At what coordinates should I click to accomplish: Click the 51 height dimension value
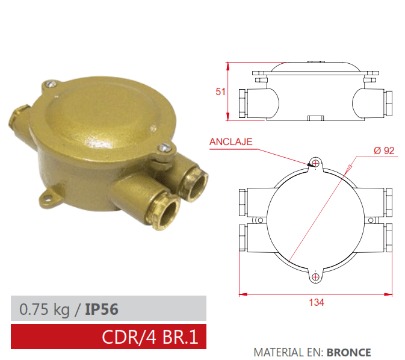pyautogui.click(x=220, y=92)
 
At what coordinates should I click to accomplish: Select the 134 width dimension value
pyautogui.click(x=316, y=302)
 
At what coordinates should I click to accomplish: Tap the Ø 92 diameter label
pyautogui.click(x=383, y=151)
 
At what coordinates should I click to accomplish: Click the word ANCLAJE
pyautogui.click(x=231, y=142)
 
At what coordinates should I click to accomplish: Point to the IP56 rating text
pyautogui.click(x=101, y=309)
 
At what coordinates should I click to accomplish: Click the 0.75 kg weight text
pyautogui.click(x=45, y=309)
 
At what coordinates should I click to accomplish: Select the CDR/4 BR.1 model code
pyautogui.click(x=150, y=337)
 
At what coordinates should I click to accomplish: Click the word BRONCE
pyautogui.click(x=349, y=353)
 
